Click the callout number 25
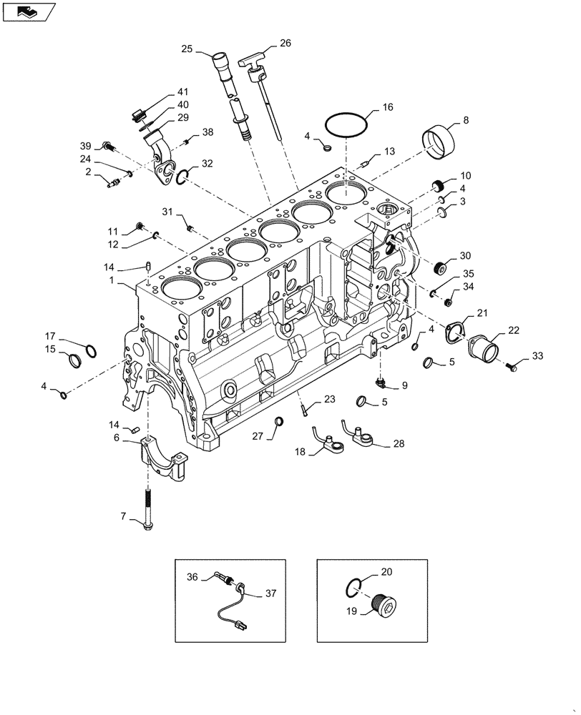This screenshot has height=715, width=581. (x=187, y=49)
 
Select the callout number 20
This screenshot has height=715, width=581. (x=386, y=572)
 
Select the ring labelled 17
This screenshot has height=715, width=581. (x=90, y=350)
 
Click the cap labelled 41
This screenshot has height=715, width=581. (x=140, y=114)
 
